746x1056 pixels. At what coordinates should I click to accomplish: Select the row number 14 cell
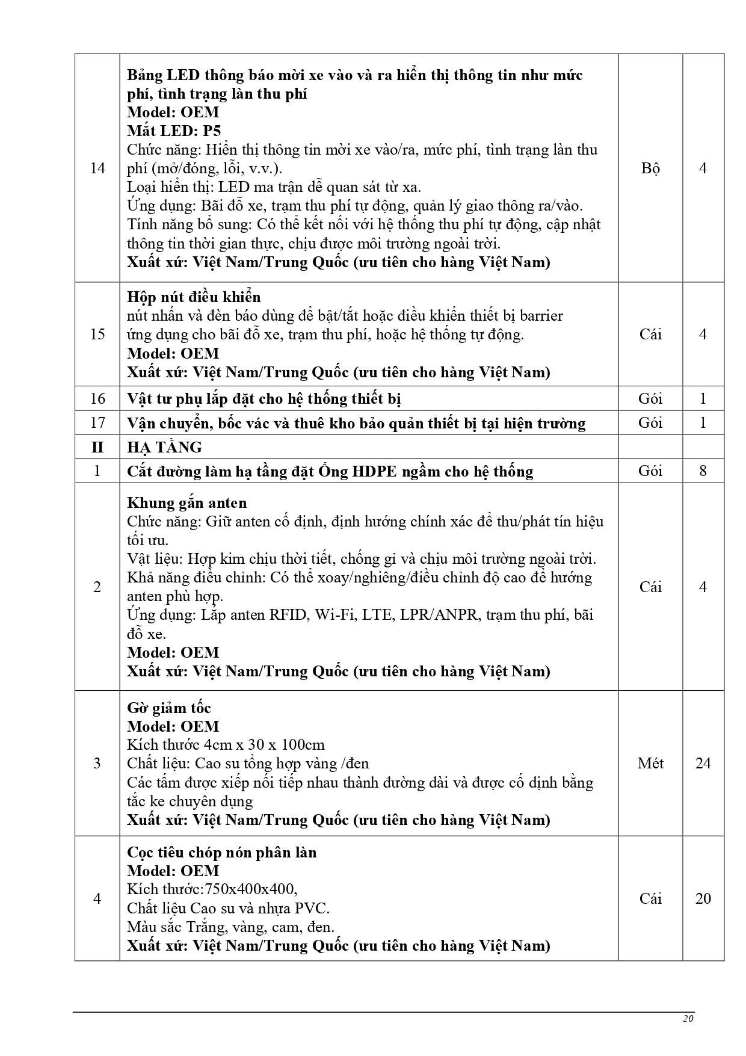coord(97,168)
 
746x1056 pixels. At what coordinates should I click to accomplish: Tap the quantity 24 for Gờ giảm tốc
coord(703,763)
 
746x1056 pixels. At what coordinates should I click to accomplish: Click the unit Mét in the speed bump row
coord(650,763)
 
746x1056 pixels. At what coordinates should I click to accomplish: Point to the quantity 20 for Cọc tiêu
coord(703,898)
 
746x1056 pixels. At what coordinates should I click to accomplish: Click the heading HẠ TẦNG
coord(164,447)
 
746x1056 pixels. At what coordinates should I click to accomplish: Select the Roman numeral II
coord(97,447)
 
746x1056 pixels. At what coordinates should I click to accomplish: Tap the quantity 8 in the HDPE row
coord(703,471)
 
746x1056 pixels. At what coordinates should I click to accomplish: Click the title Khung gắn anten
coord(186,502)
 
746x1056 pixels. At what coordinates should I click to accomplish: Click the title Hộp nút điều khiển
coord(194,297)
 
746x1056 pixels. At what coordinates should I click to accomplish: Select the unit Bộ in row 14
coord(650,168)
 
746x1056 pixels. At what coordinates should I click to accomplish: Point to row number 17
coord(97,422)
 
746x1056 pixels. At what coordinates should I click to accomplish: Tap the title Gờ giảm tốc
coord(169,708)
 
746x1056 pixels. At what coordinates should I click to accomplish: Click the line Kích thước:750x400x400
coord(212,889)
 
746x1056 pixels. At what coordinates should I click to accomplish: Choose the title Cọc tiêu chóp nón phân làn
coord(221,852)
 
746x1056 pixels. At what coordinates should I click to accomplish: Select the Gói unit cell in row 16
coord(650,398)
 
